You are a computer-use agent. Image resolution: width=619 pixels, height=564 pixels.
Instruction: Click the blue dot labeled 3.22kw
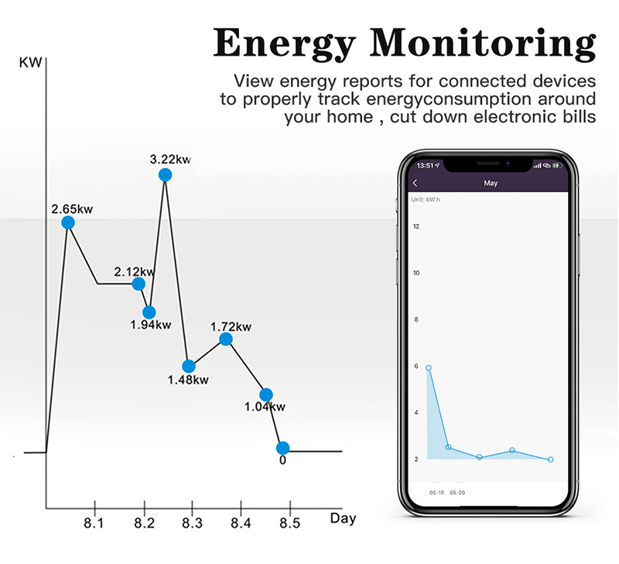click(165, 175)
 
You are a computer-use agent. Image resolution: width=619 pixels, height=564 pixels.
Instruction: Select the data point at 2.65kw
click(68, 222)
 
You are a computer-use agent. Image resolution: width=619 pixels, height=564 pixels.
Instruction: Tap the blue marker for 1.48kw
click(188, 366)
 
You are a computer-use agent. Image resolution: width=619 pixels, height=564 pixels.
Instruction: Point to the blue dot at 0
click(283, 448)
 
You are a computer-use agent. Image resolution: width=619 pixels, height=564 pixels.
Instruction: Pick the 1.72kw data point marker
click(226, 339)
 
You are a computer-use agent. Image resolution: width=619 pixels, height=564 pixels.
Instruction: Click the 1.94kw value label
click(151, 325)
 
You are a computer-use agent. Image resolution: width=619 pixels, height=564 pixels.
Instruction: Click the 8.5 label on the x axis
click(289, 522)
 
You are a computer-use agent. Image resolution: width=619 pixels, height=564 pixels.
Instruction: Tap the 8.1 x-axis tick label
click(94, 522)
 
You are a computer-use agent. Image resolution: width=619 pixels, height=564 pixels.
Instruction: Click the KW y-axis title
click(31, 62)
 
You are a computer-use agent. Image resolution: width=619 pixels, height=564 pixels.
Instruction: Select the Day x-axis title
click(343, 518)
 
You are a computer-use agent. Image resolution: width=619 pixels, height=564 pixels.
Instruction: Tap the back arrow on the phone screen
click(416, 184)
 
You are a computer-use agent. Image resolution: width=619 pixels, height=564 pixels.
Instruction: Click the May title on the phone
click(490, 184)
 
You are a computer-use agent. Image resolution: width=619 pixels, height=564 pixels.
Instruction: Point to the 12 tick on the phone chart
click(416, 226)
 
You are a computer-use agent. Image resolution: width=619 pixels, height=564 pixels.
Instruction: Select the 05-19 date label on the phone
click(436, 492)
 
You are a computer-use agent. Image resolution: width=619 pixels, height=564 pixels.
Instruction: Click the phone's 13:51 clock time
click(425, 165)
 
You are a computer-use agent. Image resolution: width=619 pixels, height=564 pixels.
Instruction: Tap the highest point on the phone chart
click(429, 368)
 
